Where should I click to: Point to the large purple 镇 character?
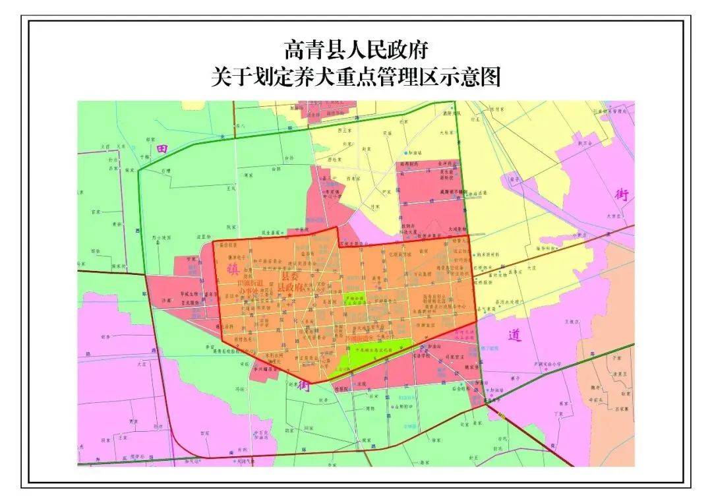click(x=232, y=271)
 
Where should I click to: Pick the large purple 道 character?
click(x=515, y=335)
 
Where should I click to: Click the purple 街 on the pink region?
click(x=622, y=195)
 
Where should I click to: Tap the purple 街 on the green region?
click(x=303, y=384)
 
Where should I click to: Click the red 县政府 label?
click(x=290, y=288)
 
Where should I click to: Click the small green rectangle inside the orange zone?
click(x=355, y=301)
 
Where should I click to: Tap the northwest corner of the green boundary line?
click(x=138, y=171)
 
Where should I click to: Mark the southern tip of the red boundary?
click(x=311, y=382)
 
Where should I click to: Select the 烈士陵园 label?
click(x=162, y=237)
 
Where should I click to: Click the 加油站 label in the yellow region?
click(x=415, y=152)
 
